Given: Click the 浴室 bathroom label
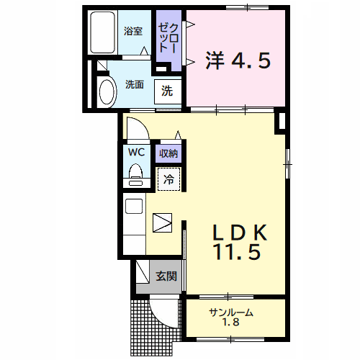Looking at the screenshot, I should click(x=132, y=31).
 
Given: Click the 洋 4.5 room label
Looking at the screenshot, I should click(x=238, y=60).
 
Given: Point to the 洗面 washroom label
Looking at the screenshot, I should click(x=135, y=84).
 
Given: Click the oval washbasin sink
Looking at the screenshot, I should click(x=107, y=92).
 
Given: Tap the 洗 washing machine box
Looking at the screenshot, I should click(x=167, y=91).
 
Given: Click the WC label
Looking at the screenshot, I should click(x=136, y=153).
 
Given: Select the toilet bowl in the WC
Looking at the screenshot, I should click(x=135, y=173).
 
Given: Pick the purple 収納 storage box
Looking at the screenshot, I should click(x=169, y=153).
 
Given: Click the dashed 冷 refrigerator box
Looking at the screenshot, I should click(x=169, y=179).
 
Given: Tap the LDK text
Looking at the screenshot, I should click(x=240, y=232).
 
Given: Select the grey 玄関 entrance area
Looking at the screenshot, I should click(x=164, y=276).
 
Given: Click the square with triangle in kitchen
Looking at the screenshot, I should click(x=163, y=222).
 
